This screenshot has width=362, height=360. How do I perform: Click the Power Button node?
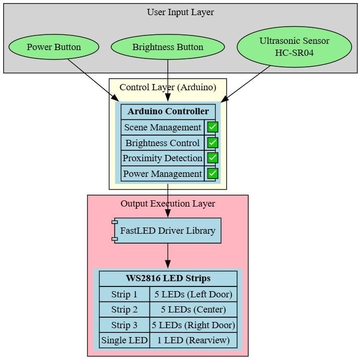tap(54, 47)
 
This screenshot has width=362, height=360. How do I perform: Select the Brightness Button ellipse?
tap(168, 47)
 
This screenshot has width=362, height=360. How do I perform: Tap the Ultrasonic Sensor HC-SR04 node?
tap(294, 47)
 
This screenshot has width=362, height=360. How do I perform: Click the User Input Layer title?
tap(180, 12)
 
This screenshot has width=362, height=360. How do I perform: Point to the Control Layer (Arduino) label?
tap(168, 87)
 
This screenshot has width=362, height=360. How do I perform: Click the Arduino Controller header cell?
tap(168, 111)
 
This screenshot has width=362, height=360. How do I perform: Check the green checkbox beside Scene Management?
tap(213, 127)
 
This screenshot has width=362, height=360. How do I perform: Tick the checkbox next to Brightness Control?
tap(213, 143)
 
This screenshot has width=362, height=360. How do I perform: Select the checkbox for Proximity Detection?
tap(213, 158)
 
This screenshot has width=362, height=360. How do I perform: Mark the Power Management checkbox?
tap(213, 174)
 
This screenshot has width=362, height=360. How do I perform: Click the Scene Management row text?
tap(162, 127)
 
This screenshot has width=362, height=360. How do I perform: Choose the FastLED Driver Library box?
tap(168, 231)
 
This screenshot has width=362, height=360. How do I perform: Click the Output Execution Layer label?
tap(168, 204)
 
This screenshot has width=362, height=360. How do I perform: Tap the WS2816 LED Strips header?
tap(168, 278)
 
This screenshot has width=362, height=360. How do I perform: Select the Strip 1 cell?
tap(124, 294)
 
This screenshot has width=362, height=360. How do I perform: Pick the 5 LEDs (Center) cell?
tap(193, 310)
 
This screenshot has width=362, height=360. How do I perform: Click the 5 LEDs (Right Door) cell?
tap(193, 325)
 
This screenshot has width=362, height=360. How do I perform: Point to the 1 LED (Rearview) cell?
tap(193, 341)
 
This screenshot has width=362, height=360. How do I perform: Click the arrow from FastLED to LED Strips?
tap(168, 256)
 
